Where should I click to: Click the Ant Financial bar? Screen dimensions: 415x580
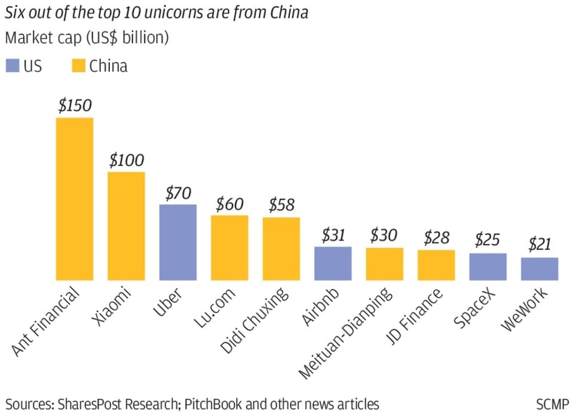[x=74, y=199]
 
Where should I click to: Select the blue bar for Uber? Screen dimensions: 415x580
[x=177, y=242]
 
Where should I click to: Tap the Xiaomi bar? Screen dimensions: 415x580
[x=126, y=226]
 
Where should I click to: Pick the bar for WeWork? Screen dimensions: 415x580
[x=539, y=269]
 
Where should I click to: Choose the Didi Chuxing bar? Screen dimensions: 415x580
[x=281, y=249]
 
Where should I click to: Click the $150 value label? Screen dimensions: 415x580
[x=75, y=105]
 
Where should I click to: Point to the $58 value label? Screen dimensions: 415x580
[x=282, y=205]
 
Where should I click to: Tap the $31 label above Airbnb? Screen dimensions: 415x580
[x=333, y=234]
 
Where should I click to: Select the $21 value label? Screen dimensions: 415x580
[x=540, y=245]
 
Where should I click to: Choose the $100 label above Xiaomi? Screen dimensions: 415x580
[x=126, y=160]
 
